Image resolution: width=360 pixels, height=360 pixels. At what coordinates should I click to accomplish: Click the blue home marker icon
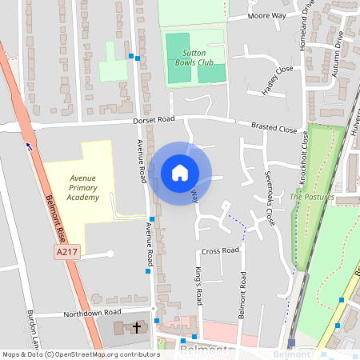180,173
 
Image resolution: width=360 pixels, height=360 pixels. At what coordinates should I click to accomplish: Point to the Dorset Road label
154,120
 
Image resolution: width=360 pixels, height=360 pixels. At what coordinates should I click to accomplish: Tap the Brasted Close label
274,128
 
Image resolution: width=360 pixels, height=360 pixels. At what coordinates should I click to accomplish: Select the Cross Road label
221,250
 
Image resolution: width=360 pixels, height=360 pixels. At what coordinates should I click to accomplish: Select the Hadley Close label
277,80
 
